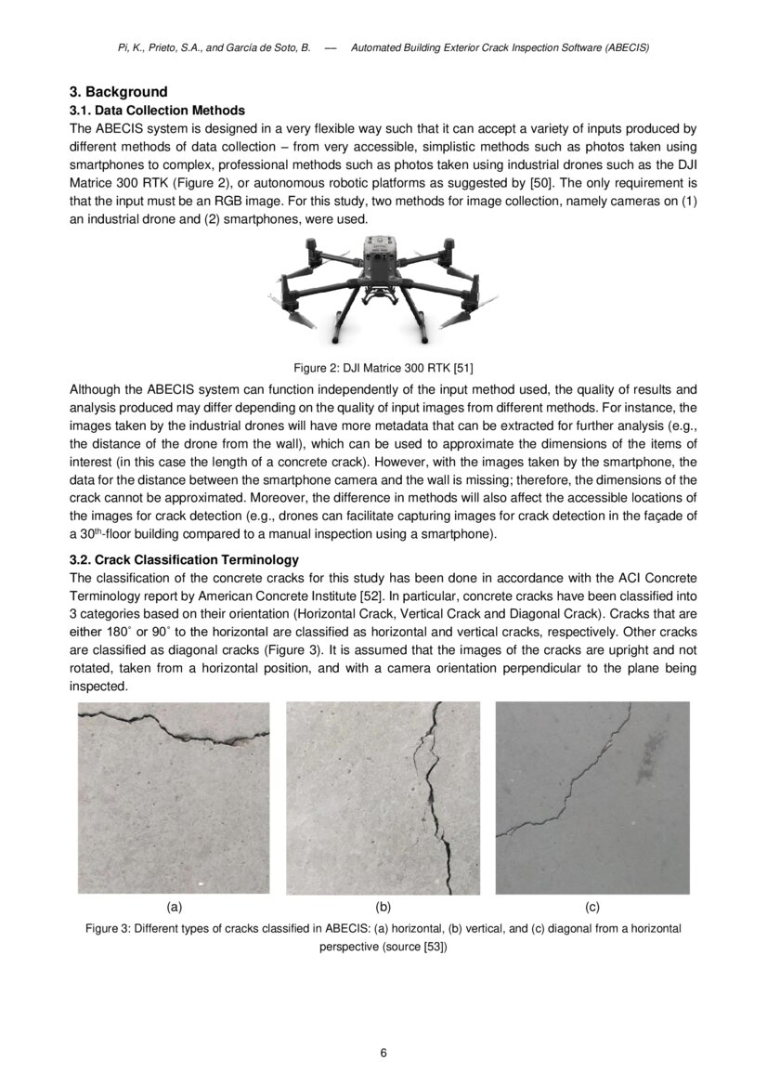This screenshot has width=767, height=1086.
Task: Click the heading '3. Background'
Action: coord(119,92)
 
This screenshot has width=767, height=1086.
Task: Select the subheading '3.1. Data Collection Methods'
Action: coord(157,110)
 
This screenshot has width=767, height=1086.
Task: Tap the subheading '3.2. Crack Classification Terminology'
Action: coord(184,559)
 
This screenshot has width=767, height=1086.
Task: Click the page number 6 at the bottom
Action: coord(383,1053)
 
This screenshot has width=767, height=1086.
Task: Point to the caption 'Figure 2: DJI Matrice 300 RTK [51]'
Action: coord(383,367)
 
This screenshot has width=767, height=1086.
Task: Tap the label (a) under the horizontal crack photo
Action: coord(174,906)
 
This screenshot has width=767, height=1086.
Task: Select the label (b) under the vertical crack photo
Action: coord(383,906)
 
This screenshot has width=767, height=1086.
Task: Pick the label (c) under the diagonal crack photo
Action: coord(592,906)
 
